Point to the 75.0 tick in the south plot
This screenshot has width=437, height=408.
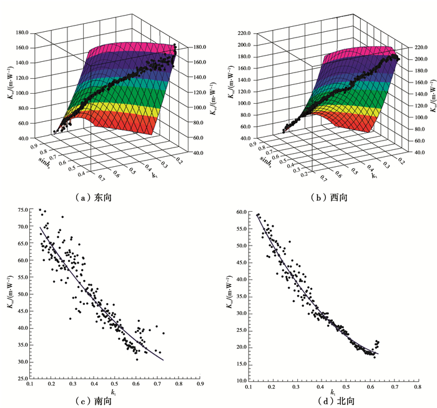[x=22, y=210]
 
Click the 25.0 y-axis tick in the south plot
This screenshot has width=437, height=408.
[x=22, y=379]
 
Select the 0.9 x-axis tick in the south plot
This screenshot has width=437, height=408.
[x=200, y=386]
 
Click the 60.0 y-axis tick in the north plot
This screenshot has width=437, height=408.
[x=240, y=213]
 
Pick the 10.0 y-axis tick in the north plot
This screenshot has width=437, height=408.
[x=240, y=381]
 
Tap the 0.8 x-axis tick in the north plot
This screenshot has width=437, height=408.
[x=417, y=387]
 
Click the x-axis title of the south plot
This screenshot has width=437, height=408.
[x=112, y=392]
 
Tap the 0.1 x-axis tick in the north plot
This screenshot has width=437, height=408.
[x=249, y=387]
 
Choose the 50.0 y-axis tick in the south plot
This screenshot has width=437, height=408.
[x=22, y=294]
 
